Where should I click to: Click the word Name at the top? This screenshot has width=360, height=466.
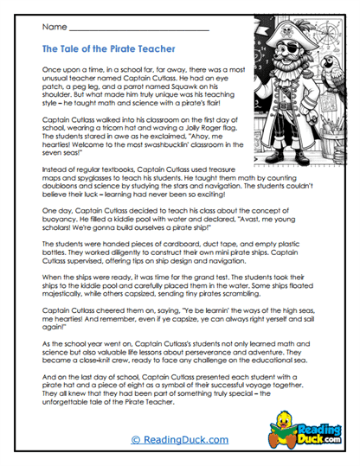coord(50,31)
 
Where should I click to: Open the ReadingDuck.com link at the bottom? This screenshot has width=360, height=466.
coord(179,440)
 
